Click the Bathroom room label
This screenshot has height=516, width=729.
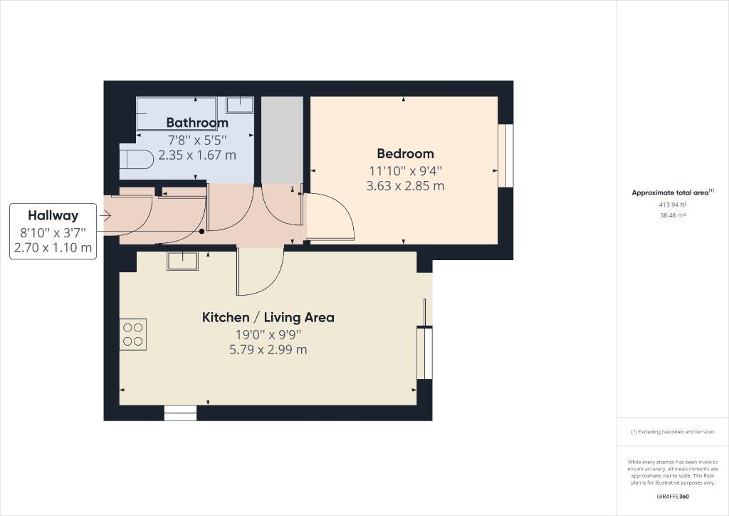[197, 123]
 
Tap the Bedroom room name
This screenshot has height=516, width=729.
[405, 153]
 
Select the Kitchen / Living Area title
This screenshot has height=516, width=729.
[268, 317]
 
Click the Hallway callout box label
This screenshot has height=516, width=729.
[53, 215]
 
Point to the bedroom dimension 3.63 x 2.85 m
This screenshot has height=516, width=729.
[405, 186]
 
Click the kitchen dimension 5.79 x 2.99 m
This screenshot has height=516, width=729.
[268, 349]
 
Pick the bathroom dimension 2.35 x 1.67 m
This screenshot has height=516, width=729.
[197, 155]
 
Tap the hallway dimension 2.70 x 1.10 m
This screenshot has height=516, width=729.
[53, 247]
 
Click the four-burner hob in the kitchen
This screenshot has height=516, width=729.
[132, 334]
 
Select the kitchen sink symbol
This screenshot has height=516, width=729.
[183, 261]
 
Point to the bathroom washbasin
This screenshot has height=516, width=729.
[240, 105]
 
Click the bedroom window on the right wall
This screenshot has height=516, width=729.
[506, 155]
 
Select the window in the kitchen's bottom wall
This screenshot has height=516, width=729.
[180, 413]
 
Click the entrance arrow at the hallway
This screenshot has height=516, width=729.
[106, 215]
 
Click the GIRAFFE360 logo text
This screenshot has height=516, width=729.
[672, 496]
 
